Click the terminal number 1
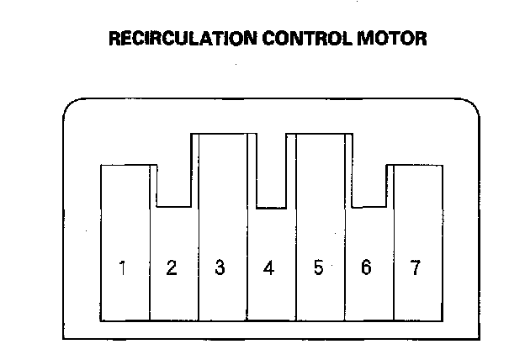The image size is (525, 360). [x=123, y=269]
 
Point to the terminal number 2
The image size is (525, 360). [x=171, y=268]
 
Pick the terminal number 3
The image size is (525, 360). [x=220, y=268]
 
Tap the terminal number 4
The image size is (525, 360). [x=268, y=269]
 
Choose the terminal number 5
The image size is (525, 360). [x=318, y=268]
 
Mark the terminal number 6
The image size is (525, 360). [x=366, y=268]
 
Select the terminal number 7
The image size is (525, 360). [x=415, y=268]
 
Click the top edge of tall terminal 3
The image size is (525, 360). [x=223, y=133]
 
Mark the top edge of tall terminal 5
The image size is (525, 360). [x=321, y=133]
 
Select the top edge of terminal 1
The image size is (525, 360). [x=125, y=165]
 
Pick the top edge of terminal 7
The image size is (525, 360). [x=418, y=165]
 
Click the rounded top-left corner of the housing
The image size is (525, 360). [x=71, y=106]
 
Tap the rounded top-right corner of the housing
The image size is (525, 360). [x=471, y=106]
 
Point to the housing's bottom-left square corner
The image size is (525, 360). [x=64, y=339]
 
